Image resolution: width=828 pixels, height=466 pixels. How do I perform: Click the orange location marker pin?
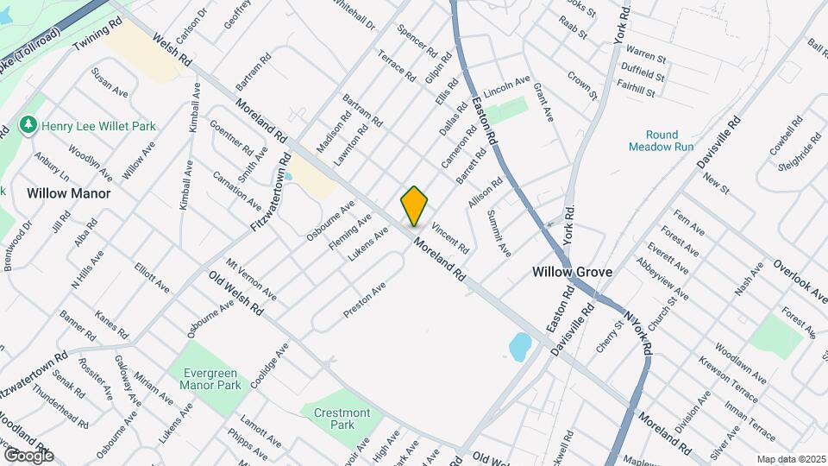click(x=414, y=206)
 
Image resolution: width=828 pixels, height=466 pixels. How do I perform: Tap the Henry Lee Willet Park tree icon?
click(x=30, y=126)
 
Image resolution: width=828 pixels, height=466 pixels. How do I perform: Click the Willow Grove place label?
click(x=572, y=272)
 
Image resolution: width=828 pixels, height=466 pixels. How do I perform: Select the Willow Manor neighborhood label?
click(x=68, y=193)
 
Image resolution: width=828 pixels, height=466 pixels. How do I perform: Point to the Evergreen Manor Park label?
click(x=211, y=379)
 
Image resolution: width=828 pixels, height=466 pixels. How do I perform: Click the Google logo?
click(x=28, y=455)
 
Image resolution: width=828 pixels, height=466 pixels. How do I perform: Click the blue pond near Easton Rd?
click(x=520, y=347)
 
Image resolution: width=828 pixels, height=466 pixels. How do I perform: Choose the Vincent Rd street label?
click(x=450, y=239)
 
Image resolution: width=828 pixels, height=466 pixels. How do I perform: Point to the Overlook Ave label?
click(x=800, y=281)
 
